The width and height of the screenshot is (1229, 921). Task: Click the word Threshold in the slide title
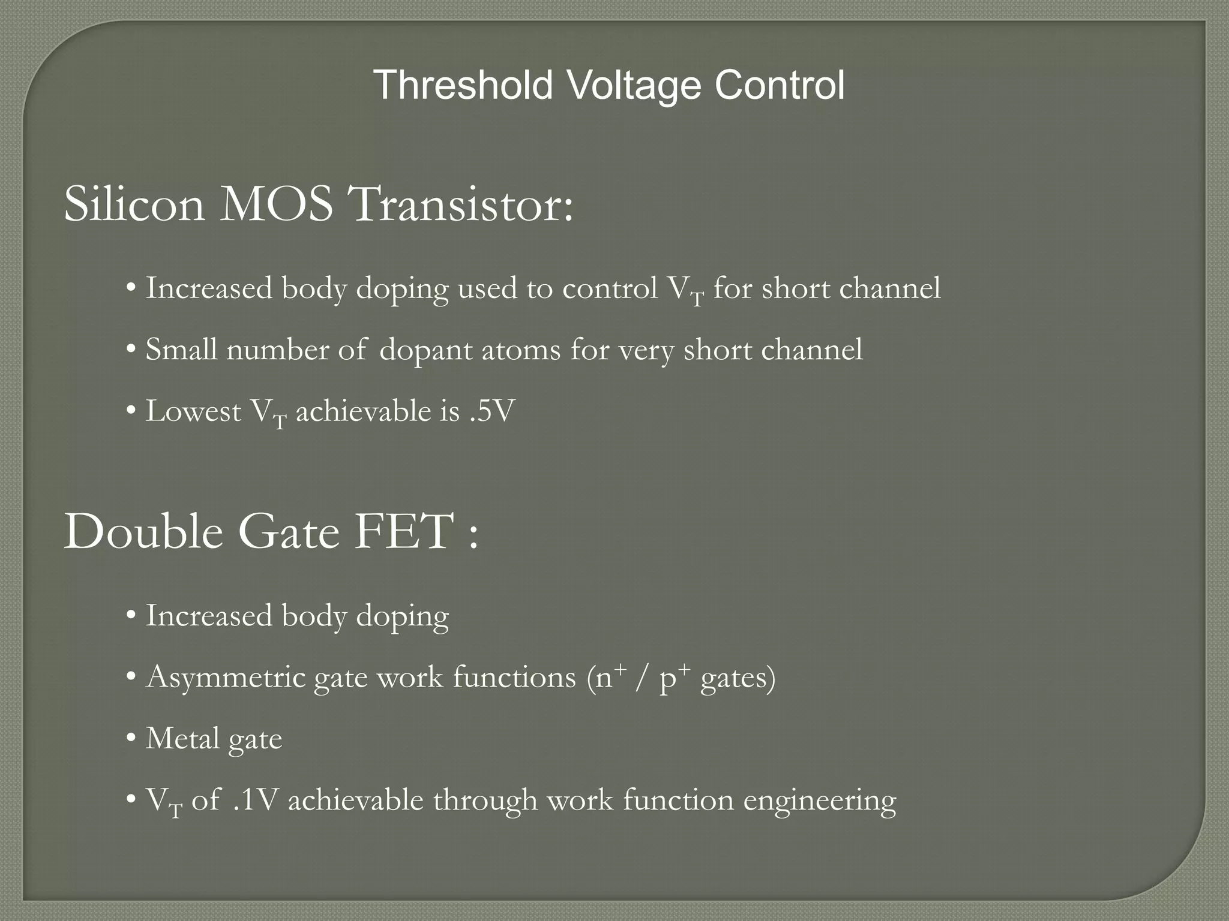463,85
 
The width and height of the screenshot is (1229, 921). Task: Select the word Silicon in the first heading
134,204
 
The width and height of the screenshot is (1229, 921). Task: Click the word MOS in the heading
277,204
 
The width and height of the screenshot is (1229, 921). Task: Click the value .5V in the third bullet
491,411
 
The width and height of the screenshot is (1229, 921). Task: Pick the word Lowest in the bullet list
193,411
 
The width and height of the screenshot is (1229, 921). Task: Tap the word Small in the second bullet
181,350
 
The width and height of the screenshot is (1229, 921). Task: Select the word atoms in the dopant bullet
520,350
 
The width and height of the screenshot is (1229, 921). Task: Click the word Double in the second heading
143,532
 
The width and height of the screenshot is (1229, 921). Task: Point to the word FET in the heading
403,532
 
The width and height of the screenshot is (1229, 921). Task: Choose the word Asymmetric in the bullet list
226,678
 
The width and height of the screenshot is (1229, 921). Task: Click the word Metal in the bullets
182,739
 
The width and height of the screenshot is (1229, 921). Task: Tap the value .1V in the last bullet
255,800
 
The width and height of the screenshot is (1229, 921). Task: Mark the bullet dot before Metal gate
131,739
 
